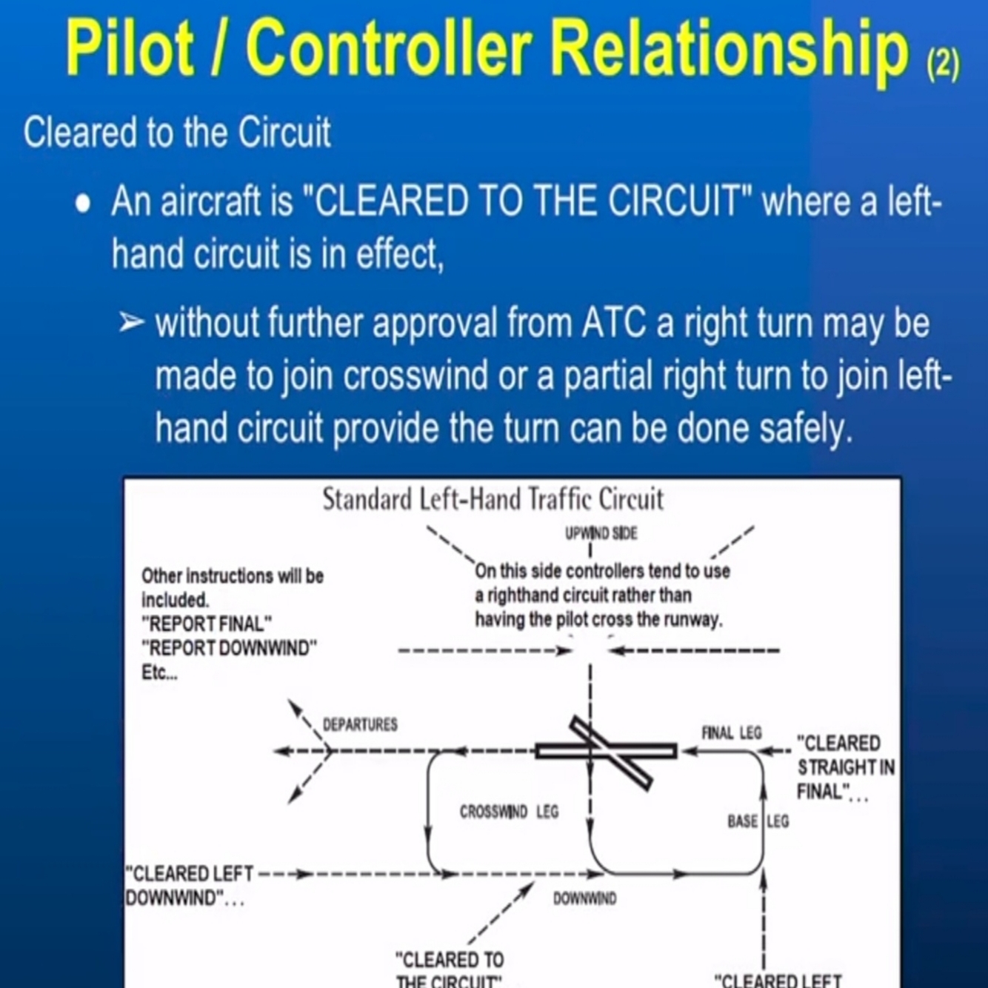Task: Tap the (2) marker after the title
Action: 942,64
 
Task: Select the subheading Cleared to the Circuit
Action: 176,133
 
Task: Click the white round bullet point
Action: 83,204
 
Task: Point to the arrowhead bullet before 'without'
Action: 131,323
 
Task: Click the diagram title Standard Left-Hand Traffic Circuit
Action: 493,500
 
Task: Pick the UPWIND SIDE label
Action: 601,533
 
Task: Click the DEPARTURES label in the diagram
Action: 360,724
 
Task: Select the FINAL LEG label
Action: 731,733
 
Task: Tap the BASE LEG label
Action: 758,821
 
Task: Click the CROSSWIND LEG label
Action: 509,812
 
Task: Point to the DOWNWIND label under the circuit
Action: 584,899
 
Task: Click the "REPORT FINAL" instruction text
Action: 207,624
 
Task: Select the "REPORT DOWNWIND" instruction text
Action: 230,648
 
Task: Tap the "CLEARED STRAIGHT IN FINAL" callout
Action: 844,767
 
